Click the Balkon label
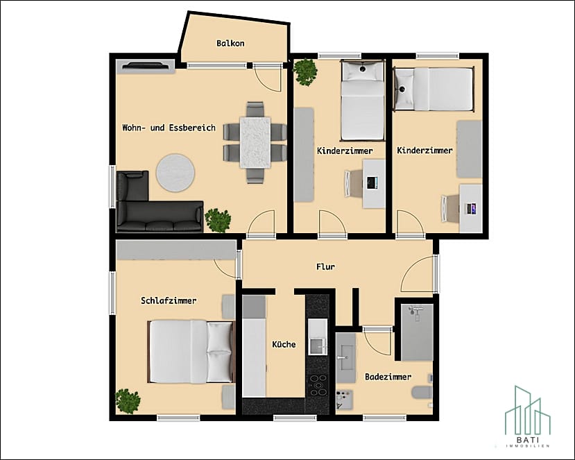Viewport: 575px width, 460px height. (230, 43)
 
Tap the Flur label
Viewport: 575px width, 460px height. (325, 266)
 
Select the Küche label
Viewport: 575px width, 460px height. (284, 344)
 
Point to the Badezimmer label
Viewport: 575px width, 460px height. (388, 377)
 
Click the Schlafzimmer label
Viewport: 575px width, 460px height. (169, 301)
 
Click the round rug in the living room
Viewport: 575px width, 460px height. (175, 173)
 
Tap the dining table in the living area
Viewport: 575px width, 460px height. (256, 142)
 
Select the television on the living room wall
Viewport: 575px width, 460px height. (146, 66)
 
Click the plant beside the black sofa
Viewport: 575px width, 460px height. (218, 221)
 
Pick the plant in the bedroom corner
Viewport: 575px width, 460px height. (128, 401)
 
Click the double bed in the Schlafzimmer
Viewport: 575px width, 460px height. (191, 352)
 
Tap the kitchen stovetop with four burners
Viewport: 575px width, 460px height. (318, 385)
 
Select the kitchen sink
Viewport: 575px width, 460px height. (318, 337)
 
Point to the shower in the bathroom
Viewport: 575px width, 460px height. (417, 332)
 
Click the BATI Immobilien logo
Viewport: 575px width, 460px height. (528, 417)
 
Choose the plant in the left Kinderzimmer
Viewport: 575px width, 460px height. (305, 72)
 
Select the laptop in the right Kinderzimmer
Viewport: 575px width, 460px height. (470, 209)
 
